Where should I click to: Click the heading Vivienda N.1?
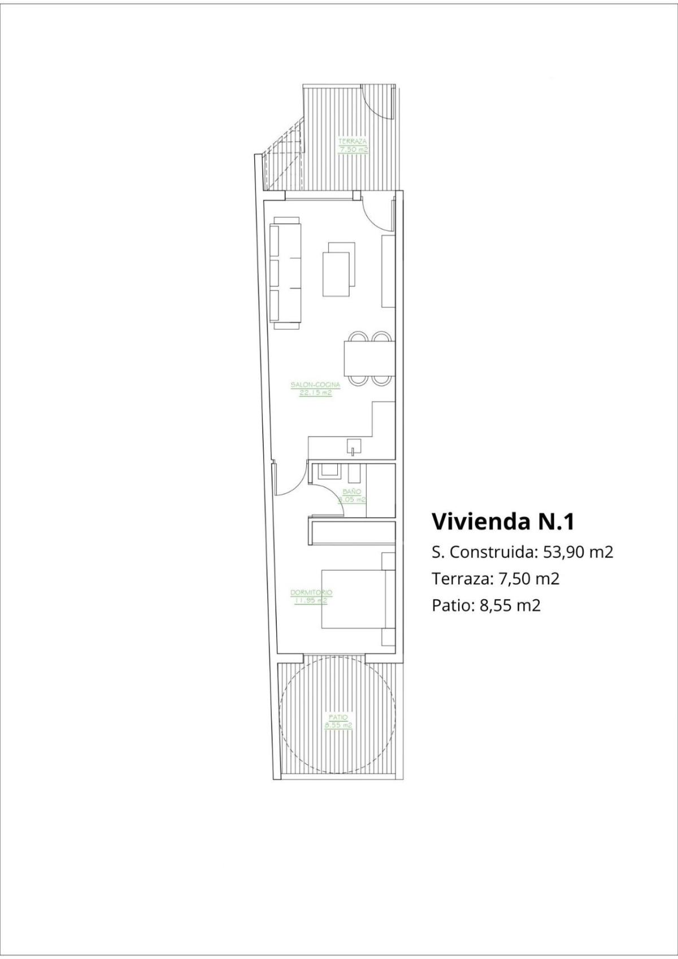503,521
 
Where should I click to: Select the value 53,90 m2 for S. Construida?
578,552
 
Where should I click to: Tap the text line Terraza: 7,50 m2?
495,578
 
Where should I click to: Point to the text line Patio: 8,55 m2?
486,605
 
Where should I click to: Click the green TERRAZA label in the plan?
353,145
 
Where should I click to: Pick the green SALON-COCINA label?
316,389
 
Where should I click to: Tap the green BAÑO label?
351,495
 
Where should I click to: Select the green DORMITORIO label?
311,596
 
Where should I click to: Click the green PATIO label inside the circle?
338,721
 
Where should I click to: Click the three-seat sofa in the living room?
288,273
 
